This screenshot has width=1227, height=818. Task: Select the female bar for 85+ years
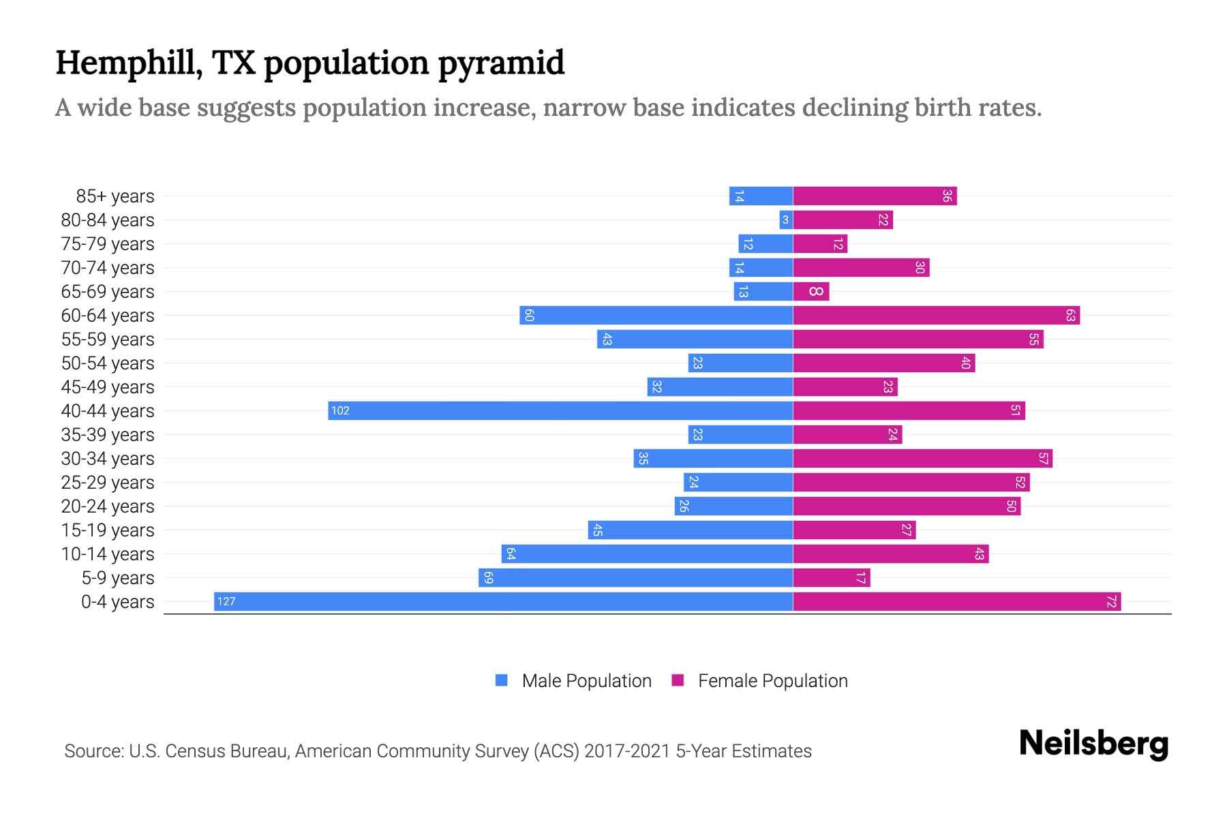coord(875,196)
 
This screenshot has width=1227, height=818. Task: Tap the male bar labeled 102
coord(560,410)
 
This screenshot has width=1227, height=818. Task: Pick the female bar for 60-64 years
coord(936,316)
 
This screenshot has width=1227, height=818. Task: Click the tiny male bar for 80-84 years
coord(786,220)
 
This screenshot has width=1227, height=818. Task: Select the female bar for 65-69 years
coord(811,292)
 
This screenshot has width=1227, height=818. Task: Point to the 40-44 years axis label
coord(108,411)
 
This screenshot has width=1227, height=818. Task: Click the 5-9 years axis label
coord(117,578)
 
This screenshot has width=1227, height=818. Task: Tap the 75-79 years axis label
coord(108,244)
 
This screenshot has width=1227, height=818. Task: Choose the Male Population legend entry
coord(586,681)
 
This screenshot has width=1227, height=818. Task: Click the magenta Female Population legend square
coord(678,680)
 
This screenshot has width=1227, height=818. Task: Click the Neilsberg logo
coord(1093,744)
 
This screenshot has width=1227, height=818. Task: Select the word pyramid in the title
coord(501,63)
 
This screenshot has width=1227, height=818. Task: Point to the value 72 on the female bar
coord(1111,602)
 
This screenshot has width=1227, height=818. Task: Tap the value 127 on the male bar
coord(226,601)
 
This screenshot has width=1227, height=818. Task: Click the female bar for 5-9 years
coord(832,578)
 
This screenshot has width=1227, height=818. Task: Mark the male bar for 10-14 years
coord(647,554)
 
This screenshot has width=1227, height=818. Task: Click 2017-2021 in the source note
coord(627,751)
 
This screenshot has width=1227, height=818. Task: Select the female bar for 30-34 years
coord(922,459)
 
